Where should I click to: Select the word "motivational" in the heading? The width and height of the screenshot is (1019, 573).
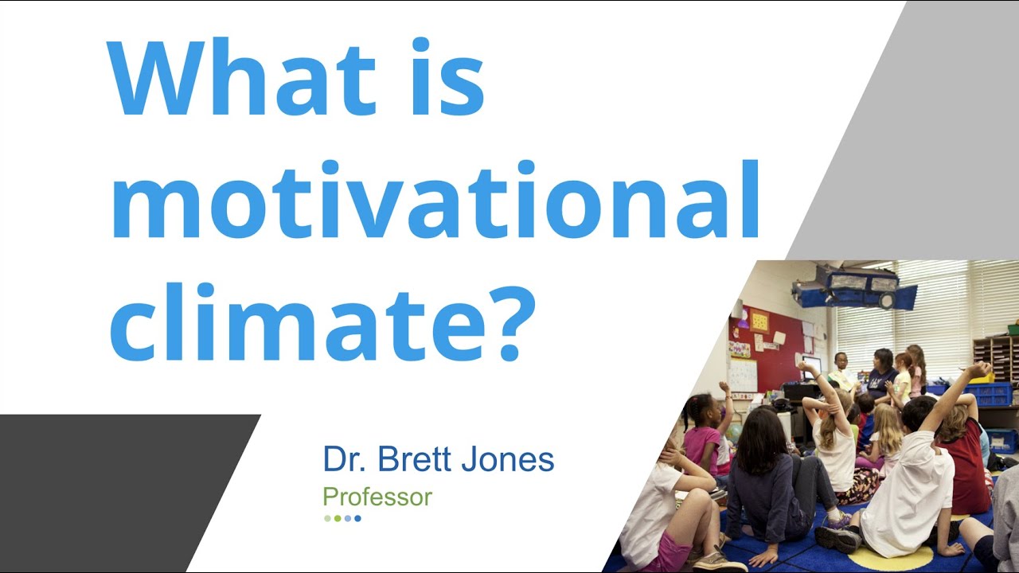[x=434, y=199]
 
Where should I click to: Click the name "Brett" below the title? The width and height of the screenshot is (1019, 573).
[x=417, y=460]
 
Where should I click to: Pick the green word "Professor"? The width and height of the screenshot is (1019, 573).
[x=377, y=497]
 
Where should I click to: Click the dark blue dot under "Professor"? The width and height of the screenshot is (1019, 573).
[x=358, y=518]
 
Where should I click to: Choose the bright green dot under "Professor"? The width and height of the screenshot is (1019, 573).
[x=338, y=518]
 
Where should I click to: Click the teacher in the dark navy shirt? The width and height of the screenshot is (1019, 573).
[x=882, y=372]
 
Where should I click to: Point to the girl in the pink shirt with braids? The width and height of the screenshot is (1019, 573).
[x=701, y=434]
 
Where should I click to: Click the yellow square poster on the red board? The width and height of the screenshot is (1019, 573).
[x=759, y=321]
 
